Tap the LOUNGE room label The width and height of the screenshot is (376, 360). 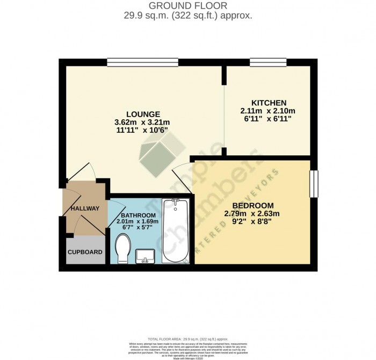tap(143, 114)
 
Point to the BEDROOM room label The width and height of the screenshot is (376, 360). tap(252, 206)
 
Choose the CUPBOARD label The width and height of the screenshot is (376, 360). tap(85, 252)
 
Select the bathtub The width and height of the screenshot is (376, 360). tap(175, 231)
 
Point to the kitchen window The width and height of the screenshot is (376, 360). tap(267, 62)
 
